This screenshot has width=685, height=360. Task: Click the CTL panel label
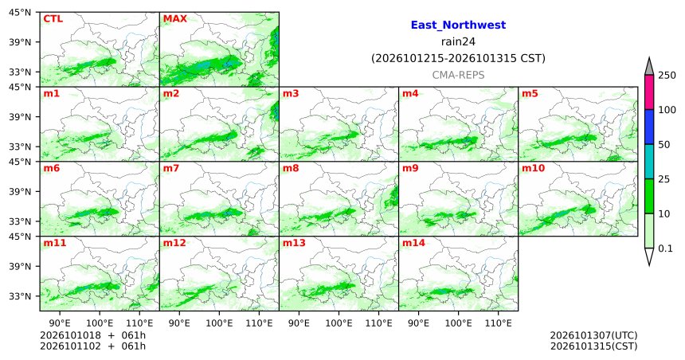click(53, 19)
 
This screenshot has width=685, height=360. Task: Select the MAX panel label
click(174, 19)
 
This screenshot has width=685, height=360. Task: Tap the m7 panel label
click(170, 168)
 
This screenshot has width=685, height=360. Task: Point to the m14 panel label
click(413, 243)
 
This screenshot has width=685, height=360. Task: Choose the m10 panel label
click(533, 168)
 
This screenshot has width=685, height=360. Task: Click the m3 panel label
click(291, 93)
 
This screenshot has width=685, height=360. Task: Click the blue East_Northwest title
click(458, 25)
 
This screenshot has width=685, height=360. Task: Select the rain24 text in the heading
click(458, 42)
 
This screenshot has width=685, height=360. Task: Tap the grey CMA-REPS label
click(458, 75)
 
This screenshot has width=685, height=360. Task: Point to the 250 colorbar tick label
click(667, 75)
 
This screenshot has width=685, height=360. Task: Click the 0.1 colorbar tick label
click(665, 248)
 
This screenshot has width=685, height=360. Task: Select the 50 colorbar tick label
click(663, 145)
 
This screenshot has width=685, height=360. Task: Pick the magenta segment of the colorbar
click(648, 92)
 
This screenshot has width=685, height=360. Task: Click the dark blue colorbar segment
click(648, 127)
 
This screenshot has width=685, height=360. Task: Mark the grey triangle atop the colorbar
click(648, 67)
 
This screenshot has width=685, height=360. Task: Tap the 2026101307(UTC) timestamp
click(593, 335)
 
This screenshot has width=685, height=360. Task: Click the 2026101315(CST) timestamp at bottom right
click(593, 346)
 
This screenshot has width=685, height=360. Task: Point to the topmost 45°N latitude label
click(20, 13)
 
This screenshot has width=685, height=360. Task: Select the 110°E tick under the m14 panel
click(498, 323)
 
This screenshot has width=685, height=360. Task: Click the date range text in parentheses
click(458, 58)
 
